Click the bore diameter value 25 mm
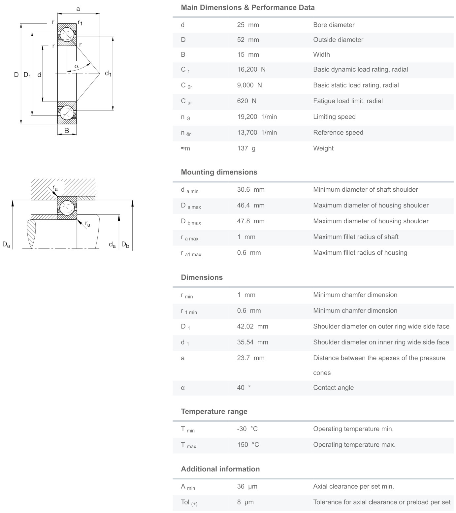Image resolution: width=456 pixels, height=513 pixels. pyautogui.click(x=248, y=25)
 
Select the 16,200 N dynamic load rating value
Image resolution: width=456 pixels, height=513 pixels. pyautogui.click(x=251, y=70)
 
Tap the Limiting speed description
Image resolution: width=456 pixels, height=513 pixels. pyautogui.click(x=334, y=117)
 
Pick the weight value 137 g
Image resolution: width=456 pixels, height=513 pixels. pyautogui.click(x=246, y=148)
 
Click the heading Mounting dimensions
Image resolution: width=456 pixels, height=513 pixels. pyautogui.click(x=219, y=172)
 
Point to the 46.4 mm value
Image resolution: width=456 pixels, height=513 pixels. pyautogui.click(x=250, y=206)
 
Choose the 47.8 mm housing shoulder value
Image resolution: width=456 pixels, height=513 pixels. pyautogui.click(x=250, y=221)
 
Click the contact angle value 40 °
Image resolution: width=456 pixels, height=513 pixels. pyautogui.click(x=244, y=388)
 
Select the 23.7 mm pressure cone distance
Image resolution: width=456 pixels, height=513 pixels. pyautogui.click(x=250, y=358)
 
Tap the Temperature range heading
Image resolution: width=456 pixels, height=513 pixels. pyautogui.click(x=214, y=412)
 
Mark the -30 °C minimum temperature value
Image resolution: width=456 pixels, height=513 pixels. pyautogui.click(x=247, y=429)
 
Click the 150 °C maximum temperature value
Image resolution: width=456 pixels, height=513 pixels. pyautogui.click(x=248, y=445)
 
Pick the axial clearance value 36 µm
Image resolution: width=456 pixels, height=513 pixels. pyautogui.click(x=247, y=487)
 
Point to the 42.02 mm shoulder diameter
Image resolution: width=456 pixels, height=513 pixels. pyautogui.click(x=252, y=327)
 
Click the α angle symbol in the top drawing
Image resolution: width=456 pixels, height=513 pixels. pyautogui.click(x=77, y=66)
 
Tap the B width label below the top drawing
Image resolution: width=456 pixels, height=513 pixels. pyautogui.click(x=67, y=131)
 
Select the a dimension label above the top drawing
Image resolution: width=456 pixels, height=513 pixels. pyautogui.click(x=78, y=9)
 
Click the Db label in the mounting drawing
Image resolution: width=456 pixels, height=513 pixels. pyautogui.click(x=125, y=245)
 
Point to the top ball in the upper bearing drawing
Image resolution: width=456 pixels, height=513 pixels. pyautogui.click(x=67, y=34)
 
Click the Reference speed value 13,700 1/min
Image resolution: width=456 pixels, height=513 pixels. pyautogui.click(x=257, y=133)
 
